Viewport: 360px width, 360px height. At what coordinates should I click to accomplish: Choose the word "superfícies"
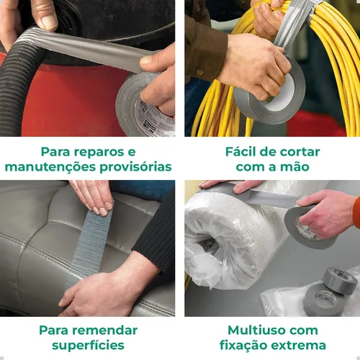point(88,346)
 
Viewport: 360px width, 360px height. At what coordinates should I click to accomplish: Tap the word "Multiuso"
point(256,330)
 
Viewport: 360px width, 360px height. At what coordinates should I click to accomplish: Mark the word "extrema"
point(299,346)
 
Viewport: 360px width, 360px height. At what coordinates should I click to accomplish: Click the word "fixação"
point(243,346)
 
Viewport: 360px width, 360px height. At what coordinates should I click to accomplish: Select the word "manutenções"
point(51,167)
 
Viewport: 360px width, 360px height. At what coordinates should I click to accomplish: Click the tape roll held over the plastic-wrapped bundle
point(308,227)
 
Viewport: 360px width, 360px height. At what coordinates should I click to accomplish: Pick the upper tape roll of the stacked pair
point(340,281)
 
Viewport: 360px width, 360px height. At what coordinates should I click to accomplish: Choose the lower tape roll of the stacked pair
point(322,300)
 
